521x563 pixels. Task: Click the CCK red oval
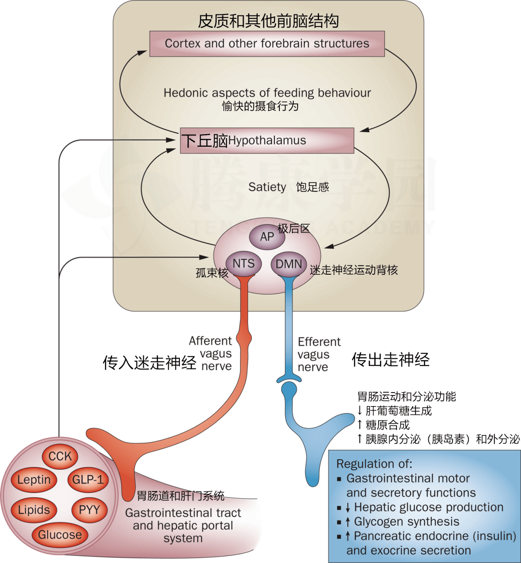60,456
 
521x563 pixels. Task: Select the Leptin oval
34,480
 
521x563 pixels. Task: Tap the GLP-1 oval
88,480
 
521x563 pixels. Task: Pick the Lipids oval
34,510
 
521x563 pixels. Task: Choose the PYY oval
90,510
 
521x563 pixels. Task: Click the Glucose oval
60,535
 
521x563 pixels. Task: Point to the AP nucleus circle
267,237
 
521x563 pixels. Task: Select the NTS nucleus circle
244,264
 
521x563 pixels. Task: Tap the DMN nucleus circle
289,264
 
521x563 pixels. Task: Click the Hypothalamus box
267,141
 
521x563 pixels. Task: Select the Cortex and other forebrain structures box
267,43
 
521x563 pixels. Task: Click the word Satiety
267,187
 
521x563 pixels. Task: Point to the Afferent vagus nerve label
211,353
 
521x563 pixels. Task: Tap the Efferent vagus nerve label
319,354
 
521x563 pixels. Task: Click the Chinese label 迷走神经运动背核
354,270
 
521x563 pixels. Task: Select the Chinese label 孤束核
212,273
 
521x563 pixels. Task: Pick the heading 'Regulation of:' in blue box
374,464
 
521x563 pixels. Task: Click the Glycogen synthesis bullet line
406,521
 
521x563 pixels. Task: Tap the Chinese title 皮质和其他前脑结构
268,21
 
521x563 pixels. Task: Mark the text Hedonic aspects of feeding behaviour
267,93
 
